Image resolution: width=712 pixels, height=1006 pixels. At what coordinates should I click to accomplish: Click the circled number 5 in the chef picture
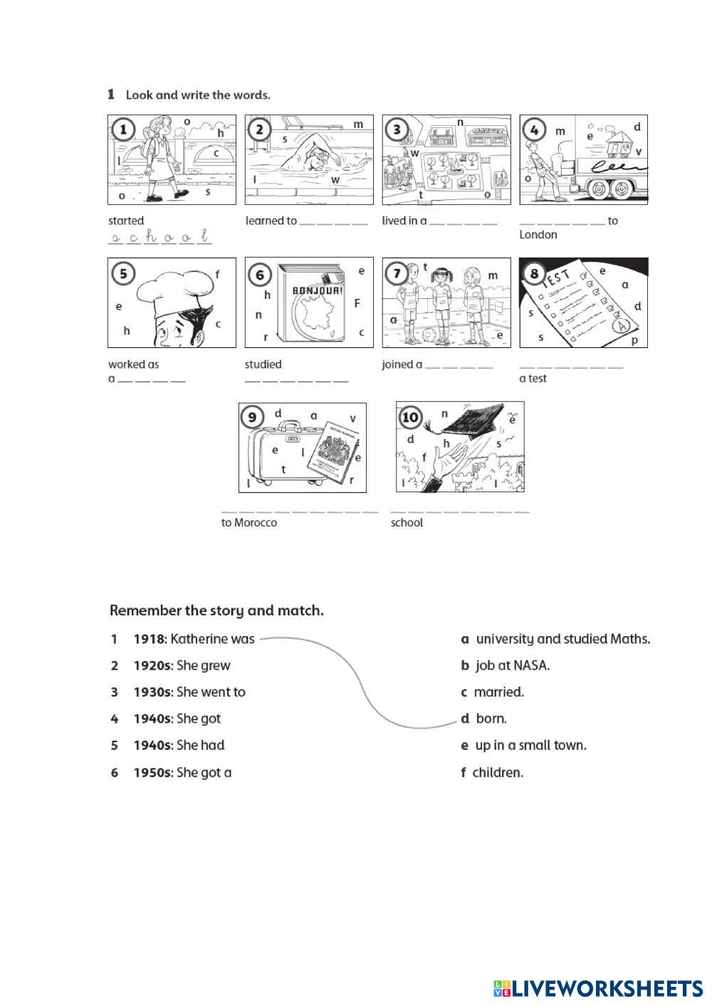[123, 273]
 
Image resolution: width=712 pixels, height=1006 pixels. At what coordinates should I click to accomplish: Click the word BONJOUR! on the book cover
[318, 290]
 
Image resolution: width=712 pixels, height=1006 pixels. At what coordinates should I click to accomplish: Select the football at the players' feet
[430, 334]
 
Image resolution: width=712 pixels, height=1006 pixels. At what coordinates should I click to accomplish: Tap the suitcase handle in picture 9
[289, 425]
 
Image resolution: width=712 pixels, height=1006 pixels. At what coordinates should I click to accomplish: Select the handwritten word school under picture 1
[160, 237]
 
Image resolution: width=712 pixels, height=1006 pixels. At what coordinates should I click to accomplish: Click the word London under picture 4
[538, 235]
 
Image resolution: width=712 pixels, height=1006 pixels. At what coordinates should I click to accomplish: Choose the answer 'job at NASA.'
[513, 665]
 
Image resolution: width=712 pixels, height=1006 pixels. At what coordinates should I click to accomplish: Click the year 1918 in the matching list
[149, 639]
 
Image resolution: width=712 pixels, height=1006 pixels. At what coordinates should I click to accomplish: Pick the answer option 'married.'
[499, 692]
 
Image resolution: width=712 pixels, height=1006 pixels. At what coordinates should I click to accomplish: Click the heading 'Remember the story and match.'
[216, 610]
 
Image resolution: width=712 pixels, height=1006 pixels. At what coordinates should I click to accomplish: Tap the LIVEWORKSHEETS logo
[598, 988]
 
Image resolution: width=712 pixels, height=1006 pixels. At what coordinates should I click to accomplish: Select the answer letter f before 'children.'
[464, 772]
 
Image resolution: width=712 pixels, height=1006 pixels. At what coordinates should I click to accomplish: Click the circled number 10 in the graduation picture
[410, 417]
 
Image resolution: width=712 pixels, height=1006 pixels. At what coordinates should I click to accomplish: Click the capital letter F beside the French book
[357, 303]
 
